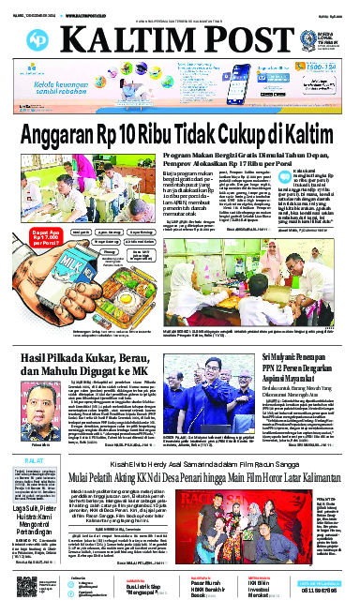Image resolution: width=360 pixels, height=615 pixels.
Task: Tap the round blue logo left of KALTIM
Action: click(x=39, y=37)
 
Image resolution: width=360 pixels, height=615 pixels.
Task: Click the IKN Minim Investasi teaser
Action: click(x=266, y=586)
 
